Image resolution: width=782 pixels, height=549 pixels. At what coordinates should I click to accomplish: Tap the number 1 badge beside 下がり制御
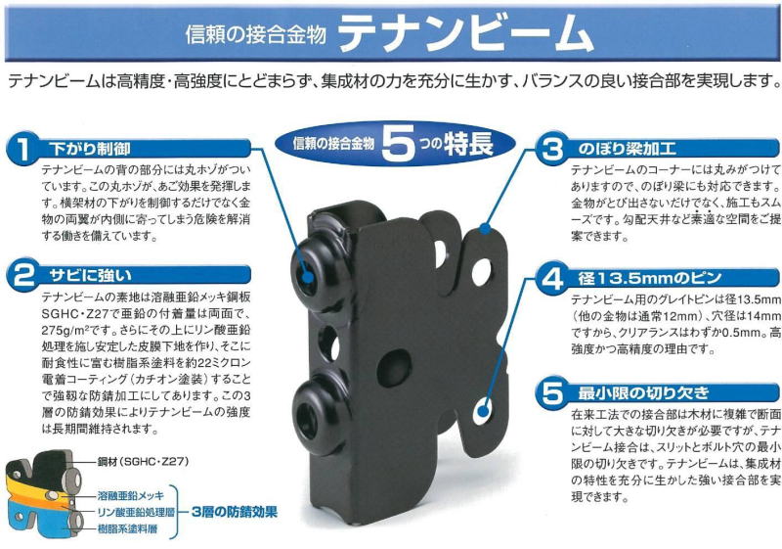coord(22,148)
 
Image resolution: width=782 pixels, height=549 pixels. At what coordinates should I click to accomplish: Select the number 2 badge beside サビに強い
coord(22,274)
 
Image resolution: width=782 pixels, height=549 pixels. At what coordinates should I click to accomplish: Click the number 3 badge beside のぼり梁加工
coord(552,148)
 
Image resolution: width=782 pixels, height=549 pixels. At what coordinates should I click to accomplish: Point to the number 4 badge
coord(552,278)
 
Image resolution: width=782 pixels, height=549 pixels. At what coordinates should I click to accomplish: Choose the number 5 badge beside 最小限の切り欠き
coord(552,392)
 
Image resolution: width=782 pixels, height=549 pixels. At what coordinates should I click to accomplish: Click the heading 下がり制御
coord(90,149)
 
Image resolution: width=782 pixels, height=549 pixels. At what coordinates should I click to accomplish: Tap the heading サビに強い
coord(90,275)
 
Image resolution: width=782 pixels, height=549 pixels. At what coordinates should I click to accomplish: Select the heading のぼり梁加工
coord(627,149)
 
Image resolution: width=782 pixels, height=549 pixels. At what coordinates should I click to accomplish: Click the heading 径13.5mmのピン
coord(650,278)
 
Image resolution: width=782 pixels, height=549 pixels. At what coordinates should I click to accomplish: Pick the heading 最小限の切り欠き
coord(643,393)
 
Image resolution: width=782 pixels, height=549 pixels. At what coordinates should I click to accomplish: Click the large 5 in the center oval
coord(399,144)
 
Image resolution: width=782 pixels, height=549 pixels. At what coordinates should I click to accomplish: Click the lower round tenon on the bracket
coord(319,417)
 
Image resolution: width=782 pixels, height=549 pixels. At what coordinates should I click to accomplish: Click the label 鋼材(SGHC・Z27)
coord(143,462)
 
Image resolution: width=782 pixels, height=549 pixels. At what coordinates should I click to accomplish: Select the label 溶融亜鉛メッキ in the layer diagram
coord(130,496)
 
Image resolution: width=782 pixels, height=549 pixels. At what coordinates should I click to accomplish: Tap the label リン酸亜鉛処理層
coord(136,512)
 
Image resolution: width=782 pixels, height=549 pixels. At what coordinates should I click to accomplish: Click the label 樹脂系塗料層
coord(127,528)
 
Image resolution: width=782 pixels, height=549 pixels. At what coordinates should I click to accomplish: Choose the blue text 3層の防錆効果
coord(235,512)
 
